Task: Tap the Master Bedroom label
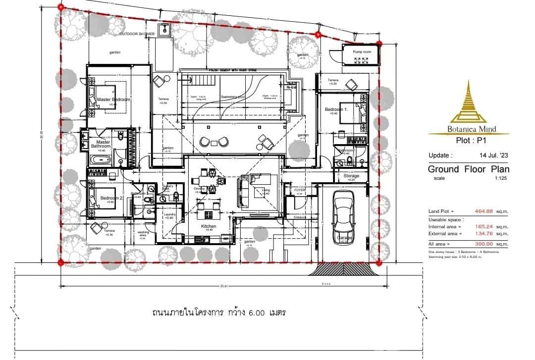pos(113,100)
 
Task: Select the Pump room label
pos(362,51)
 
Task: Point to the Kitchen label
pos(209,226)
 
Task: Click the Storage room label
pos(351,176)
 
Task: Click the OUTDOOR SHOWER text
pos(137,34)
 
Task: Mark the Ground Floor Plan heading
pos(468,169)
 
